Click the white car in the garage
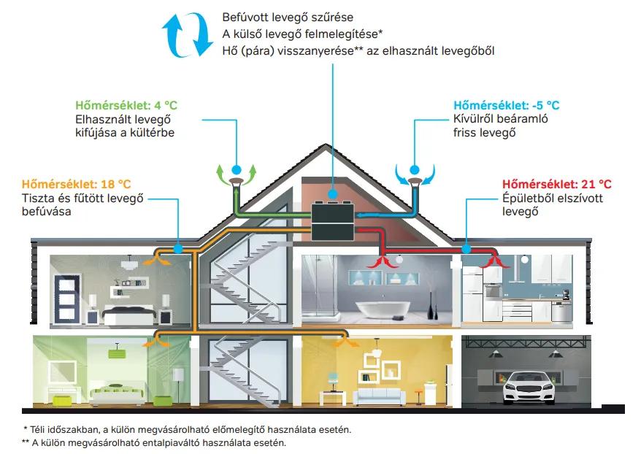click(529, 387)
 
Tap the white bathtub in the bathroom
click(383, 310)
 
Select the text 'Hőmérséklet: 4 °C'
click(126, 105)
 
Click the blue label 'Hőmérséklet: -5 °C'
click(506, 105)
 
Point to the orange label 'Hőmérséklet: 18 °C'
click(77, 184)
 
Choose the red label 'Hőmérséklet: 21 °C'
click(557, 184)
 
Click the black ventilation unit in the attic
click(333, 222)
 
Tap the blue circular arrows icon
click(187, 35)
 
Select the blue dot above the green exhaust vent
click(237, 169)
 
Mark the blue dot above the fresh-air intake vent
click(415, 169)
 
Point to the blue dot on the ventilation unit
click(333, 193)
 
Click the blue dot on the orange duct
click(178, 248)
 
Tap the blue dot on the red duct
click(467, 248)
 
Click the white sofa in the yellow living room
click(379, 397)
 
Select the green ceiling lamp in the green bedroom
click(117, 353)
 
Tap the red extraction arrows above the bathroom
click(383, 262)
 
